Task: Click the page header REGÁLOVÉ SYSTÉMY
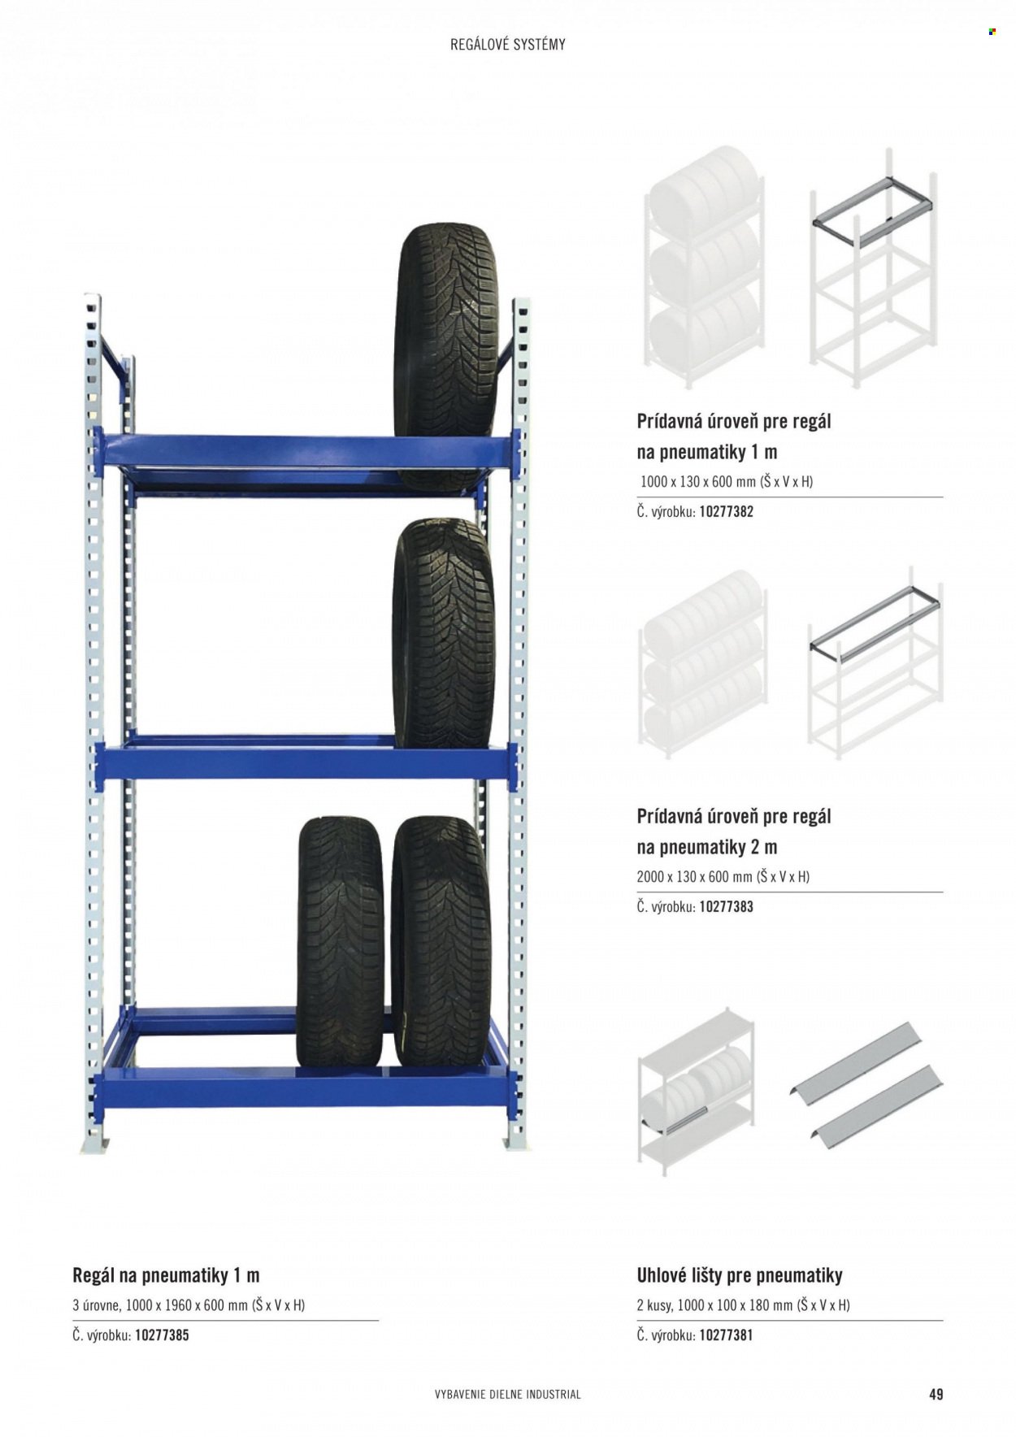click(x=508, y=45)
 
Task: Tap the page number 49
click(x=936, y=1393)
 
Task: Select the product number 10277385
click(x=162, y=1335)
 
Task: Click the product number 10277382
click(x=726, y=512)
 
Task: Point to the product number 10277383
click(x=726, y=907)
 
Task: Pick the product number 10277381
click(x=726, y=1335)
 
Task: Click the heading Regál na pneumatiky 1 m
click(x=166, y=1275)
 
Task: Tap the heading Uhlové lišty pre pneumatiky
click(x=740, y=1275)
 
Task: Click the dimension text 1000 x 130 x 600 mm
click(x=698, y=481)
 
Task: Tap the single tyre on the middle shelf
click(x=444, y=633)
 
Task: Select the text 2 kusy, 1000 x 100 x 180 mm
click(x=714, y=1305)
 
